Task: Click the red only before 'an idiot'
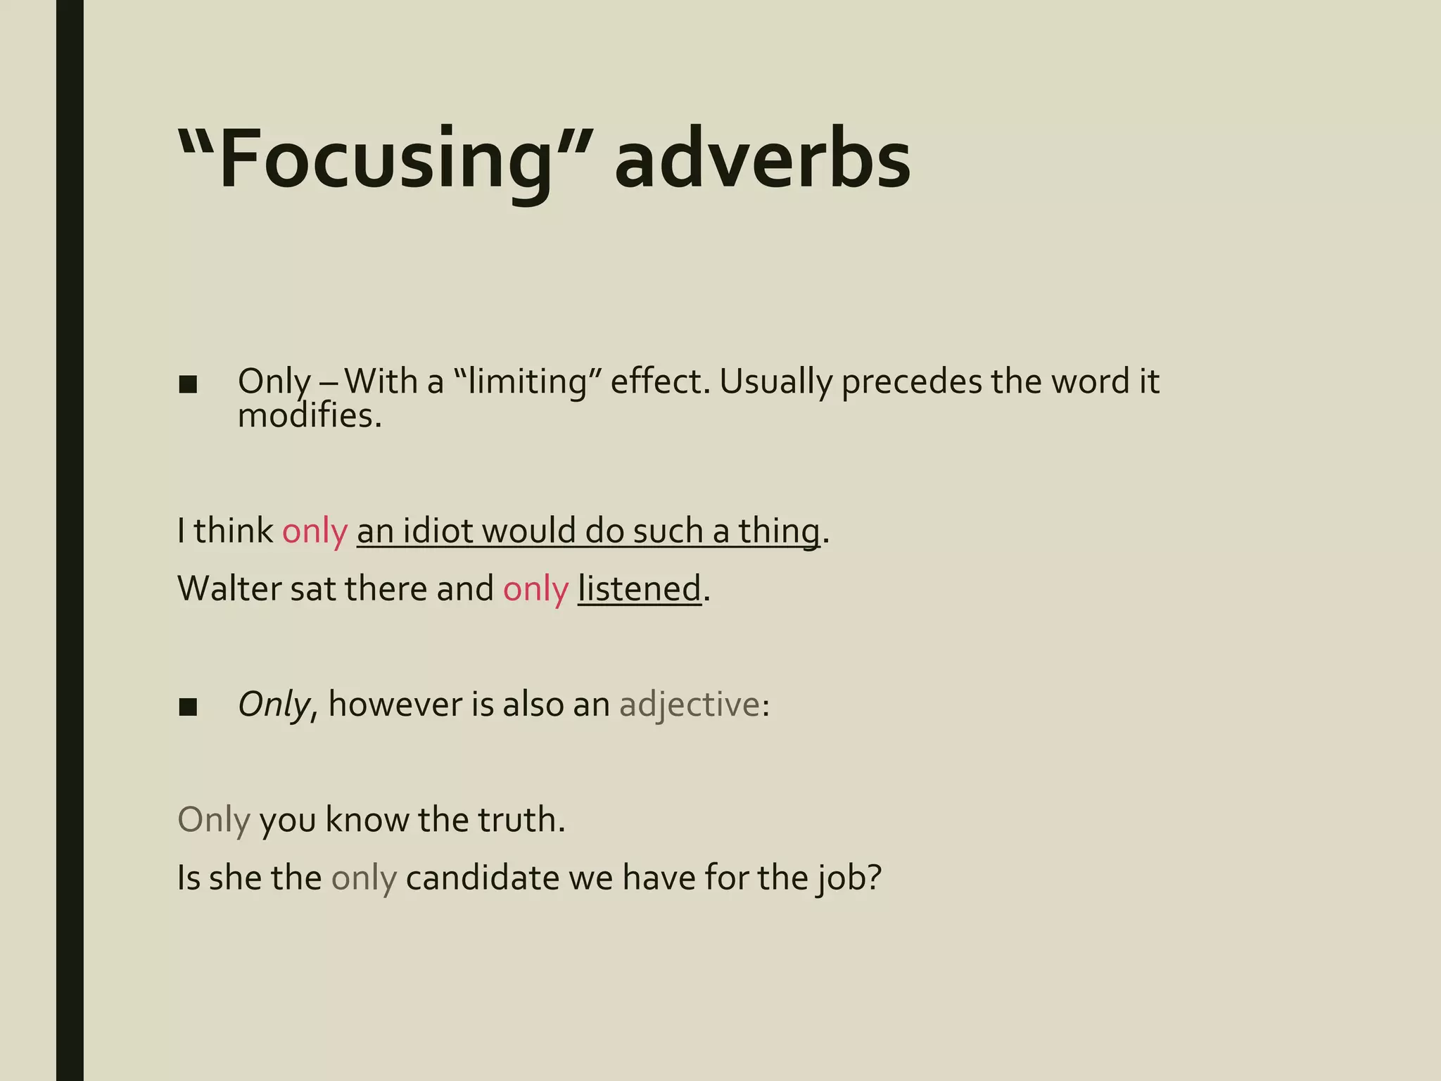point(315,531)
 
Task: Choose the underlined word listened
point(639,588)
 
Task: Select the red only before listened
point(535,588)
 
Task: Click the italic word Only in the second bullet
point(273,704)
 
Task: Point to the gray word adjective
point(689,704)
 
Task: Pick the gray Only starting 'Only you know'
point(213,820)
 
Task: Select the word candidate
point(482,878)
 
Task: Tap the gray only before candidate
point(364,878)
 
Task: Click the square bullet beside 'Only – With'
point(188,384)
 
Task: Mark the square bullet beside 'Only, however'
point(188,707)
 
